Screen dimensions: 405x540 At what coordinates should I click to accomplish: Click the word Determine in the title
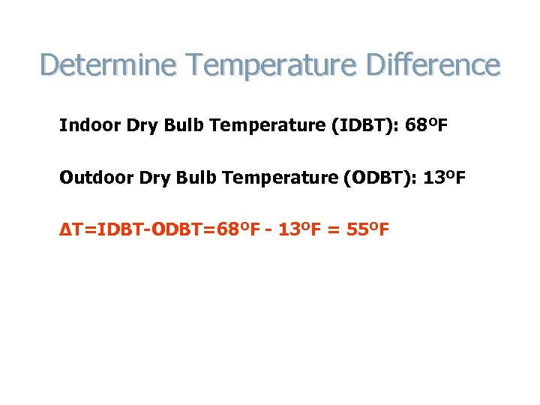click(x=98, y=64)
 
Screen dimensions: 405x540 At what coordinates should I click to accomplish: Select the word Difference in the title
click(x=433, y=64)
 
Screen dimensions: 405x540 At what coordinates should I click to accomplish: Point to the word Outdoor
click(x=90, y=178)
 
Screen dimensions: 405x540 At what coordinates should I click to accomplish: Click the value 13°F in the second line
click(x=445, y=178)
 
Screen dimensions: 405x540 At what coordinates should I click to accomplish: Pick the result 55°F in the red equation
click(x=367, y=229)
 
